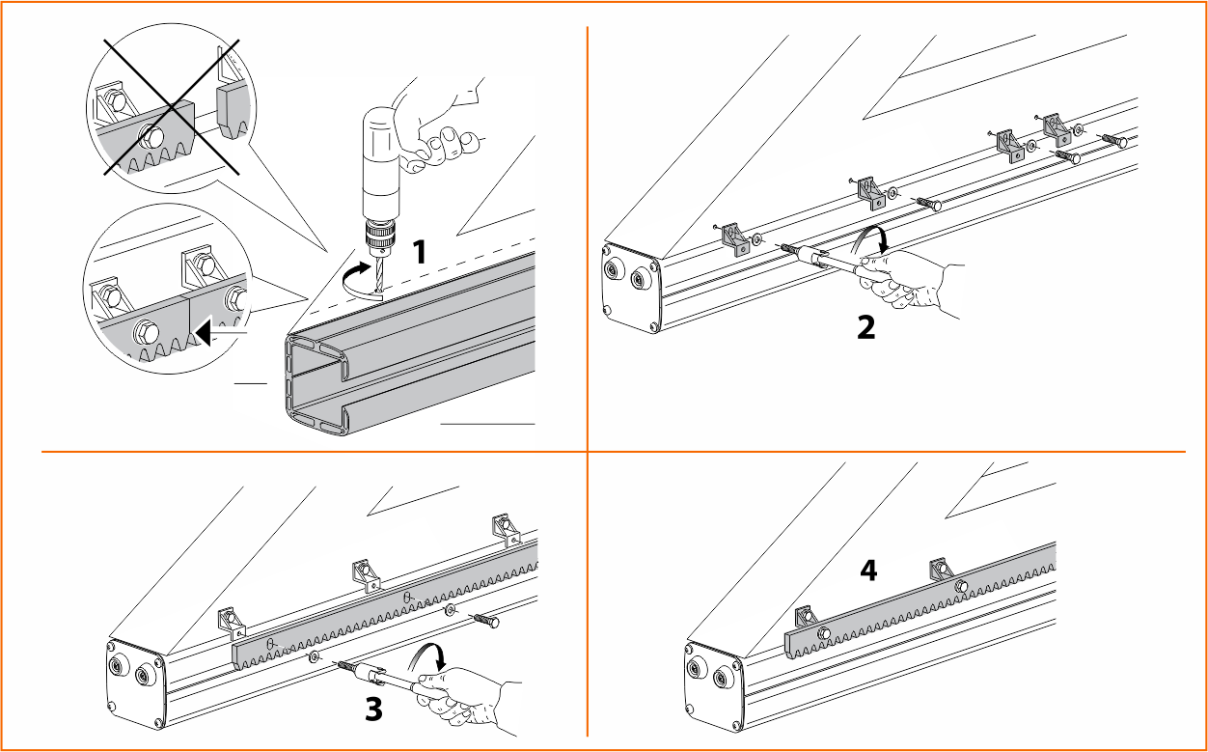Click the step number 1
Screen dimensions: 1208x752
pyautogui.click(x=419, y=252)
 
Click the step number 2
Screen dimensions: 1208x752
pyautogui.click(x=866, y=327)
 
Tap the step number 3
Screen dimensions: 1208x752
pyautogui.click(x=373, y=709)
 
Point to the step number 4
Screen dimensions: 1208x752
pyautogui.click(x=868, y=571)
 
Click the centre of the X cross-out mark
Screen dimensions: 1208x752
pyautogui.click(x=172, y=107)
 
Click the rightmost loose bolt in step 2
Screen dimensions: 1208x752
pyautogui.click(x=1112, y=140)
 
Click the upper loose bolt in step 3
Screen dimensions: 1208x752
pyautogui.click(x=486, y=621)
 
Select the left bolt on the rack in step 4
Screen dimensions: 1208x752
pyautogui.click(x=823, y=633)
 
